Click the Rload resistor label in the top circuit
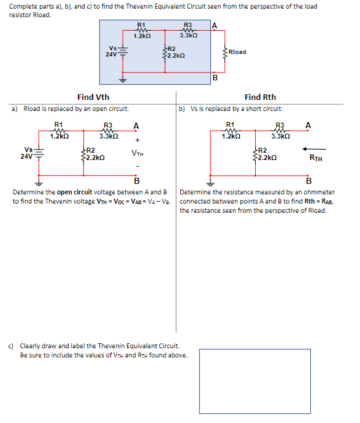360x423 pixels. point(237,52)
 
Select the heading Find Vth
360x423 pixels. point(93,97)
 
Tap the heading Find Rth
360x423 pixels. point(260,97)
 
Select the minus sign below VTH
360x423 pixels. point(137,166)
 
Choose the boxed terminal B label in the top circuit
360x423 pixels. point(215,78)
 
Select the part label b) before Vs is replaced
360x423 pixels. point(182,109)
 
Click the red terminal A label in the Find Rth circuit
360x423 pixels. point(308,125)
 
